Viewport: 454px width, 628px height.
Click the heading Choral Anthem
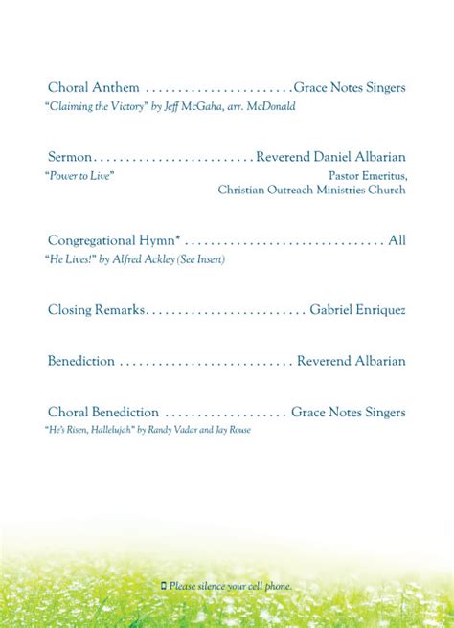(94, 88)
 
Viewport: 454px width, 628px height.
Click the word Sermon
(70, 157)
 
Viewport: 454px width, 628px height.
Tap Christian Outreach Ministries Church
(311, 190)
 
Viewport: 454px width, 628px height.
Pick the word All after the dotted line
(397, 240)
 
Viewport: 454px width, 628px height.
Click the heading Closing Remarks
(96, 310)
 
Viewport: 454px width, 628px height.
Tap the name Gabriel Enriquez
(357, 310)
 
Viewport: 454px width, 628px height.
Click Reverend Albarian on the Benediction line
(351, 361)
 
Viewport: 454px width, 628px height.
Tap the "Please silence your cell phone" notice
(230, 585)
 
